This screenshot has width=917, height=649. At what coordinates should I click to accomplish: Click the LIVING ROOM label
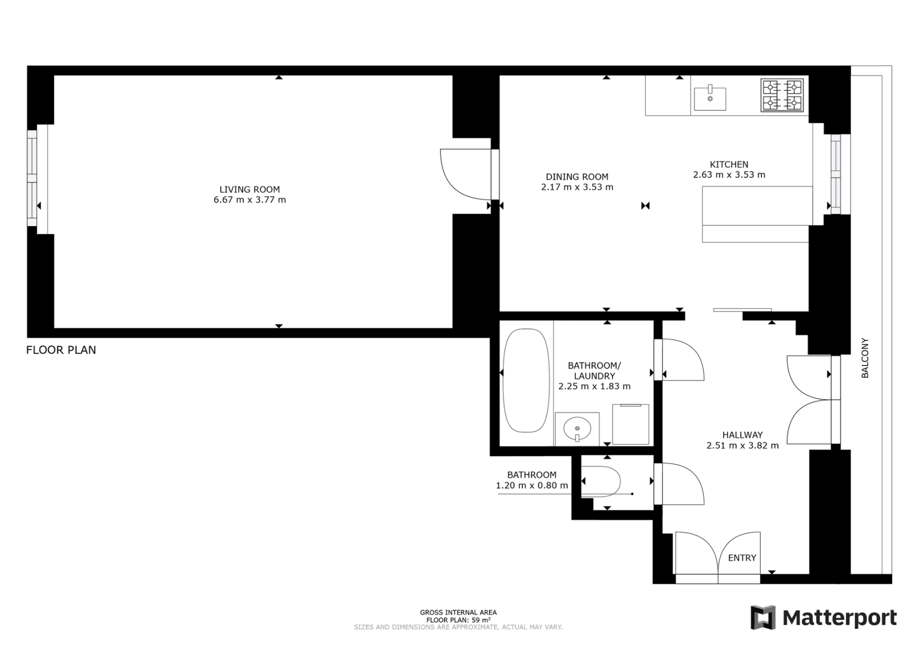click(249, 189)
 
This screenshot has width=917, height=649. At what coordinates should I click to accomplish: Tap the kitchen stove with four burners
click(782, 95)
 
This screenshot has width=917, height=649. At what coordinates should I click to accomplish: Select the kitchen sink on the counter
click(709, 99)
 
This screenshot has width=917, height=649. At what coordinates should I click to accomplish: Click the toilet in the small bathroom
click(601, 481)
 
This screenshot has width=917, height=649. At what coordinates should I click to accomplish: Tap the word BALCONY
click(865, 358)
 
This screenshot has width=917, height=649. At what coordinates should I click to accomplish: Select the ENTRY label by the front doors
click(742, 558)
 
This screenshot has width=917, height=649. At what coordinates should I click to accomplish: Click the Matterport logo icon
click(762, 618)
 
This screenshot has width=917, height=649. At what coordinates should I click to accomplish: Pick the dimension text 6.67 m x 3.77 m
click(250, 200)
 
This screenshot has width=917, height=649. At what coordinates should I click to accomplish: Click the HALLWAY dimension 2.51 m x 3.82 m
click(742, 446)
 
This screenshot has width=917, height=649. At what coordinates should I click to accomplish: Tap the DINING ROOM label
click(577, 177)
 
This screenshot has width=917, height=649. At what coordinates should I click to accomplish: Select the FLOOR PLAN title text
click(61, 350)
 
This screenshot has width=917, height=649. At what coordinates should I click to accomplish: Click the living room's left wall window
click(32, 178)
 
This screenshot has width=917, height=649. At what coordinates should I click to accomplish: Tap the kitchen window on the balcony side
click(836, 174)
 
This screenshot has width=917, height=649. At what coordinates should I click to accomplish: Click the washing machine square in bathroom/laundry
click(631, 425)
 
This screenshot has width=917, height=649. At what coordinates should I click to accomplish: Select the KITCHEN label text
click(729, 164)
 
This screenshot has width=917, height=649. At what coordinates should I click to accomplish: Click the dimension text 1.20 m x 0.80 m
click(532, 486)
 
